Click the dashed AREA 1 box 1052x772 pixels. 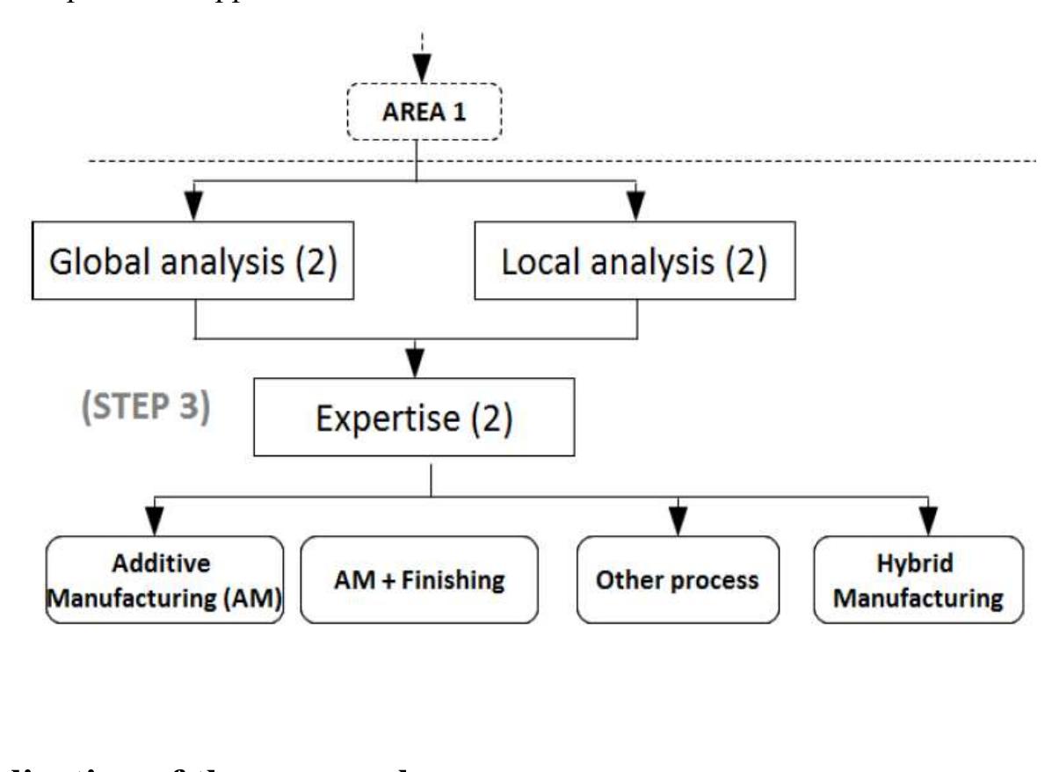coord(423,112)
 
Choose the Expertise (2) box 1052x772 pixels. coord(413,418)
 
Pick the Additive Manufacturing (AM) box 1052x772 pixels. coord(164,579)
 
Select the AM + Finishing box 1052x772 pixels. coord(418,580)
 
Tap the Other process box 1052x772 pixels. coord(678,580)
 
